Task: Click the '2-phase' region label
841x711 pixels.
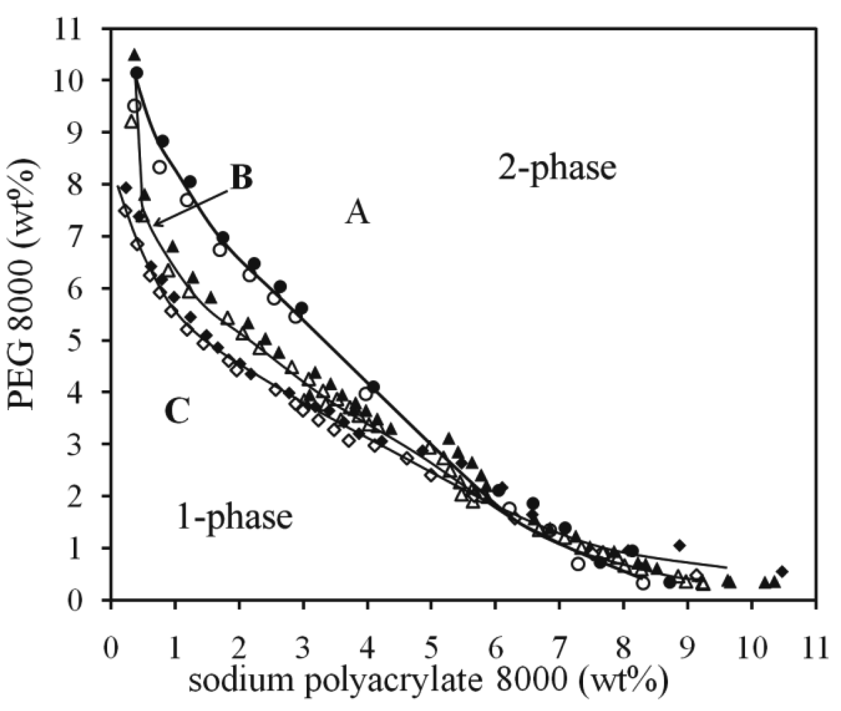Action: pos(557,169)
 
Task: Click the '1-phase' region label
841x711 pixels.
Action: pos(234,518)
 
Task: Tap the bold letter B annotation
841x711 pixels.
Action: pos(242,178)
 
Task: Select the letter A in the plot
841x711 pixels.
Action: pos(358,215)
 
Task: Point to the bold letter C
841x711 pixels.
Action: pos(177,412)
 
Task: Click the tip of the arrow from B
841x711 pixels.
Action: pos(153,226)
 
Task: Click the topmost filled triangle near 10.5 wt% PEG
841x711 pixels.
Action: pos(134,55)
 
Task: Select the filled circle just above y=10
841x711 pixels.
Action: pos(136,73)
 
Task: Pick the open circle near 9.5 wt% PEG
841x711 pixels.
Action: pos(134,106)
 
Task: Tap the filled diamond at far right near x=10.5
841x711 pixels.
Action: pos(782,571)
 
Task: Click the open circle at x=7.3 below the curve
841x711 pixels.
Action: pos(578,564)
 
